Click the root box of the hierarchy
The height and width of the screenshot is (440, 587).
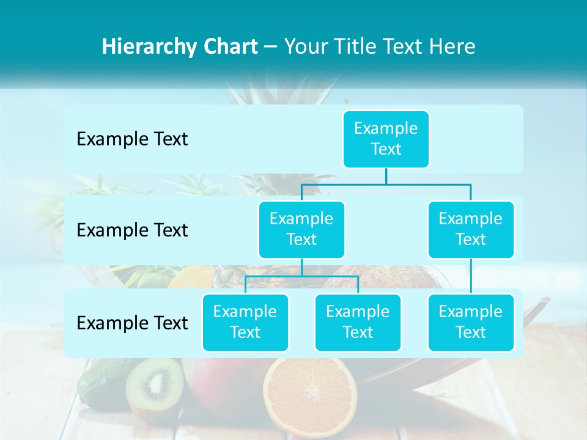click(386, 139)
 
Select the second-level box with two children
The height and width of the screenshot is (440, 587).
click(301, 229)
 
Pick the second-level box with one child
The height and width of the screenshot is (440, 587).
click(471, 229)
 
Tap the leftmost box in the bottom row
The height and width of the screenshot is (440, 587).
click(245, 322)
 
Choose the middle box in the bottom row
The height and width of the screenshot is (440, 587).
click(358, 322)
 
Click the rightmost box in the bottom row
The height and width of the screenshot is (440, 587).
click(471, 322)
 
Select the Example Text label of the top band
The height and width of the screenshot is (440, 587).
click(132, 139)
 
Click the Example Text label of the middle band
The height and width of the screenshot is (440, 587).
click(132, 230)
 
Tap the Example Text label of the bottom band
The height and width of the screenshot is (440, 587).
click(132, 323)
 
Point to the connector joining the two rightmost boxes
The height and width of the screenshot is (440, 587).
click(471, 276)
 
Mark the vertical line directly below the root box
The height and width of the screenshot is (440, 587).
click(386, 175)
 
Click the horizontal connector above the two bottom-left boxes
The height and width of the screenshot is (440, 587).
click(301, 276)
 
